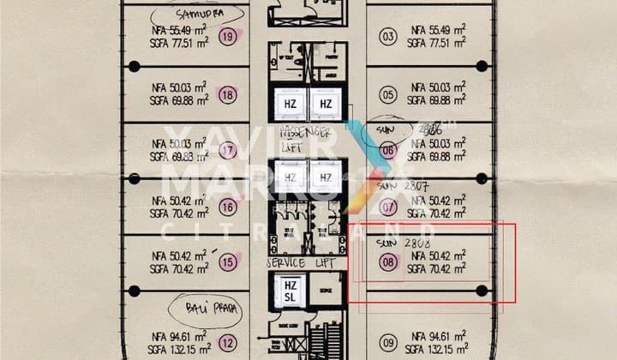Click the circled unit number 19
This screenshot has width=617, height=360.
[228, 36]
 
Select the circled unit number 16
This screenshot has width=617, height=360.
[228, 207]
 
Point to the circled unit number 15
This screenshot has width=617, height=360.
[227, 262]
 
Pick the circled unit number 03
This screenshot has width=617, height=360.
[388, 36]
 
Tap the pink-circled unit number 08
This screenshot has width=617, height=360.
[389, 262]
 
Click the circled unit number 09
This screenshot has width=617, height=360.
[388, 344]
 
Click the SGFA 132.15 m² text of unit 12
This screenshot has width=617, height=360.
[179, 350]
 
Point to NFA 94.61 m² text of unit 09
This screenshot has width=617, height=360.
[437, 336]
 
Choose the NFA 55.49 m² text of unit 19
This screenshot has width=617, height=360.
[179, 30]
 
